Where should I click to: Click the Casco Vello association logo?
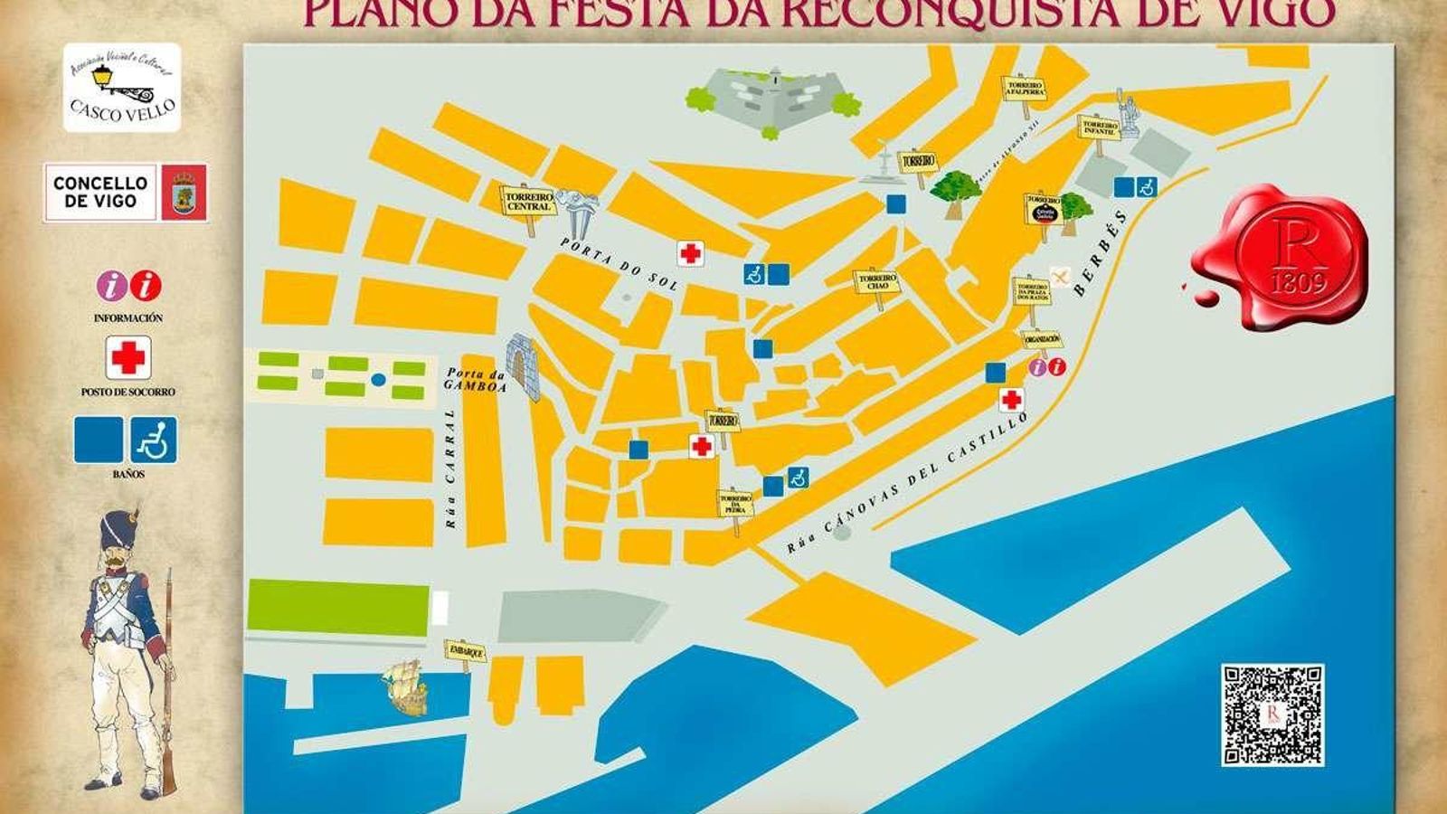121,88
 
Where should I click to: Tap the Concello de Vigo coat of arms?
184,193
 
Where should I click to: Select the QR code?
1272,715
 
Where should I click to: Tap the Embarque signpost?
465,651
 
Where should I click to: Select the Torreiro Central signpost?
528,201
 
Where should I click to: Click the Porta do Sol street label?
619,263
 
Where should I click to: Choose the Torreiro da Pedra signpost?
735,505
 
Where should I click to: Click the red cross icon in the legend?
128,358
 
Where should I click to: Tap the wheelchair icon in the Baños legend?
153,440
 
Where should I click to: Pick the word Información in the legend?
128,318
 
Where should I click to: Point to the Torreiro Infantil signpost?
1100,128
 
